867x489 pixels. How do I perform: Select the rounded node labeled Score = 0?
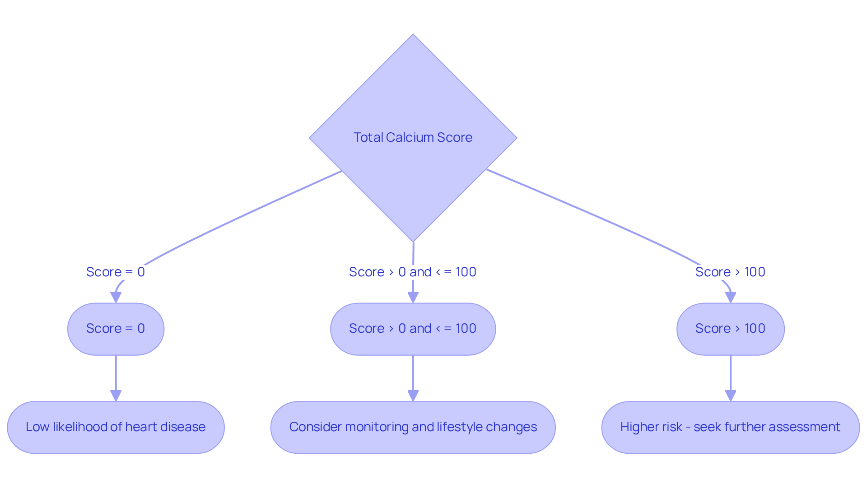(x=116, y=329)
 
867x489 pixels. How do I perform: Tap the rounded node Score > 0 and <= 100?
(x=413, y=329)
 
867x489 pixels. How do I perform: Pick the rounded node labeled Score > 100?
(x=730, y=329)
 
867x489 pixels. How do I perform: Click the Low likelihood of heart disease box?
(x=116, y=427)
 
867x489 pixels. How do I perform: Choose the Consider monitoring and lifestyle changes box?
(x=413, y=427)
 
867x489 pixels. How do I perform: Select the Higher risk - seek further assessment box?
(x=730, y=427)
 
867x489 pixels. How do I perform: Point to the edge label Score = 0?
(x=116, y=272)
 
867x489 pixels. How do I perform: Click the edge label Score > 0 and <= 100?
(x=413, y=272)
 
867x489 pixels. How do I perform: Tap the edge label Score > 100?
(x=730, y=272)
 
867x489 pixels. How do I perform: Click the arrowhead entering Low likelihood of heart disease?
(x=116, y=396)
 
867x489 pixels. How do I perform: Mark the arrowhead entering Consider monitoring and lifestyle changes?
(x=413, y=396)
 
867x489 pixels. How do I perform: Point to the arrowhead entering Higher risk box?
(x=730, y=396)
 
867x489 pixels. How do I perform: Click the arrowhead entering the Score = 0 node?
(x=116, y=297)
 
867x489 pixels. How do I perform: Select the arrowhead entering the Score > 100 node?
(x=730, y=297)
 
